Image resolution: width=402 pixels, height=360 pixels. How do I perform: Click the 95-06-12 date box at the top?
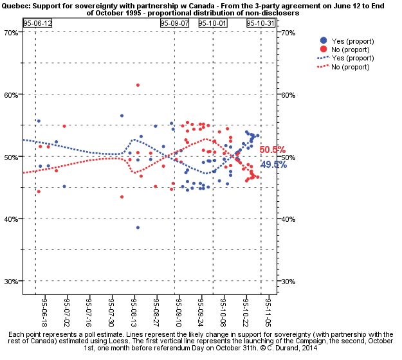pos(37,22)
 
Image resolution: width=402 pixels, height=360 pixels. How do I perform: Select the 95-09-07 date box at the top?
pos(175,22)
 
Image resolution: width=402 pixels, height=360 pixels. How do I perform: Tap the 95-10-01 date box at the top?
pos(212,22)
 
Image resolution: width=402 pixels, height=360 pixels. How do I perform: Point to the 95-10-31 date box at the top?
pos(261,22)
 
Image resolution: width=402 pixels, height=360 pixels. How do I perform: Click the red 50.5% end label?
pos(273,150)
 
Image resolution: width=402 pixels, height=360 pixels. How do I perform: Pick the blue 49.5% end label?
pos(274,165)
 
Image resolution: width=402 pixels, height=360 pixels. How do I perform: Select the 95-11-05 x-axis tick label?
pos(269,310)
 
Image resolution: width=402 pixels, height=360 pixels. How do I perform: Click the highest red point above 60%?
pos(138,85)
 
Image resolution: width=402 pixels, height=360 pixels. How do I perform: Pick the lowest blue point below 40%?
pos(138,228)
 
